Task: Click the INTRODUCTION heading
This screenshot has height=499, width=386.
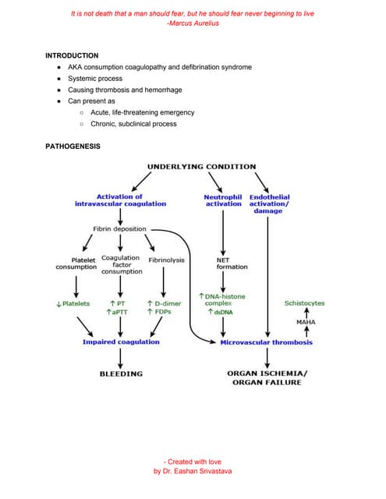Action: [72, 56]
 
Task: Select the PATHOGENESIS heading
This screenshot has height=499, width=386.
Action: [73, 146]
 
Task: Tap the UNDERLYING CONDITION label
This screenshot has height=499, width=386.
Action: [201, 166]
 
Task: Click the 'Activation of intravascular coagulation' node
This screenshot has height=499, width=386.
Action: [120, 200]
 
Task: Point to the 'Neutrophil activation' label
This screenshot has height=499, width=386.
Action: [222, 200]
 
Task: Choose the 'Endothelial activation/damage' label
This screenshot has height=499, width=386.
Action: [269, 203]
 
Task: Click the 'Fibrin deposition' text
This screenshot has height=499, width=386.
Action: [119, 229]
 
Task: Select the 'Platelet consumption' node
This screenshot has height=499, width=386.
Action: [76, 264]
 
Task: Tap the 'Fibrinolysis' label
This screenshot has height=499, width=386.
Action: [166, 260]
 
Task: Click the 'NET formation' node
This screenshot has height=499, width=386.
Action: [232, 264]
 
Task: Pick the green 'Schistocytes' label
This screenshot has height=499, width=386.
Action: [305, 303]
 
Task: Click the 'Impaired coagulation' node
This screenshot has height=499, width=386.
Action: [121, 342]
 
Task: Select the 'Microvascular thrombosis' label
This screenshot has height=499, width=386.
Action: [267, 342]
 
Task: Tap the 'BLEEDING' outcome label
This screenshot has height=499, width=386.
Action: [121, 373]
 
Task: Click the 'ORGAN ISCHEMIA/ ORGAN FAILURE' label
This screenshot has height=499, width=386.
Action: [267, 378]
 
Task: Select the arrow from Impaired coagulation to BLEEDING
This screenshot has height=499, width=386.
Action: [121, 357]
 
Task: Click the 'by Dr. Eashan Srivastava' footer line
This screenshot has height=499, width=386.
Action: [193, 472]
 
